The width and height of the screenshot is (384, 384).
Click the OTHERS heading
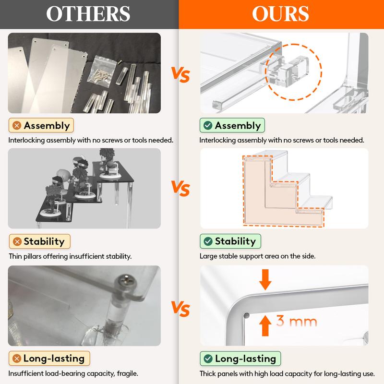(x=88, y=14)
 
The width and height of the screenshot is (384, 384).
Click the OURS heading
(x=280, y=14)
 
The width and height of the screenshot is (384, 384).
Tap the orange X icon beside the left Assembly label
(x=17, y=126)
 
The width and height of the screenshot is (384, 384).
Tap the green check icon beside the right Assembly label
(x=208, y=126)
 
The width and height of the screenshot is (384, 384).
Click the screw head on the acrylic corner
(x=126, y=282)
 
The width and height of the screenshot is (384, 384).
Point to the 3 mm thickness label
(x=297, y=321)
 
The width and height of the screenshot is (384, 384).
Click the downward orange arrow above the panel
(x=265, y=280)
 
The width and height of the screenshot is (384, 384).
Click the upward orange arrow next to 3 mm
(x=265, y=325)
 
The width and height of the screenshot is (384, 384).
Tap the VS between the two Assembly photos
(x=180, y=75)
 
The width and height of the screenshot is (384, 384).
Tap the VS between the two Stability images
(x=180, y=188)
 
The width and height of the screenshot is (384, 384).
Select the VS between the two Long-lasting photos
(x=180, y=309)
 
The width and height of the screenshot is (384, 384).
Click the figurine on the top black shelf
(x=108, y=162)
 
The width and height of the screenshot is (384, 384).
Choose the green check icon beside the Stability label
(x=208, y=241)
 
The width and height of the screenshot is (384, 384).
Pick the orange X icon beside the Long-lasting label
(x=17, y=359)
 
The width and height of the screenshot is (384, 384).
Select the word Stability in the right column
(x=235, y=241)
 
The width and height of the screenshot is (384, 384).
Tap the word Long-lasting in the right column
(x=246, y=359)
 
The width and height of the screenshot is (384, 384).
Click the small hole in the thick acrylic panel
(x=247, y=315)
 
